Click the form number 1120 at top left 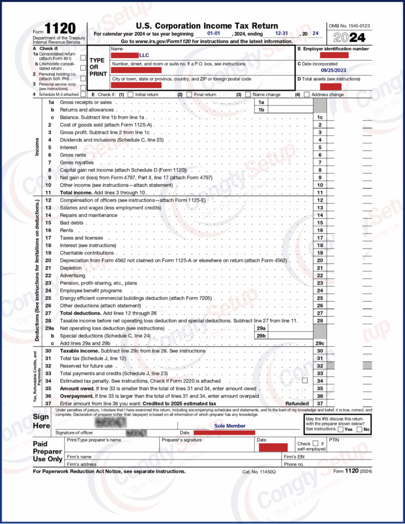[x=60, y=29]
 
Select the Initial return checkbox [x=130, y=95]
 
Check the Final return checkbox [x=189, y=95]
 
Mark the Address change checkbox [x=306, y=95]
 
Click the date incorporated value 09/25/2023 [x=334, y=71]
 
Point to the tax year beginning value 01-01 [x=215, y=33]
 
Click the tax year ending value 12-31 [x=281, y=33]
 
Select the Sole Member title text [x=230, y=426]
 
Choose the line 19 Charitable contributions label [x=87, y=253]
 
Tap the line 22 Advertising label [x=73, y=275]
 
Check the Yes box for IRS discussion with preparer [x=341, y=429]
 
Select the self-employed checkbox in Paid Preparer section [x=315, y=443]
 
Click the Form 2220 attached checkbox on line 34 [x=305, y=381]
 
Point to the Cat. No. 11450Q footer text [x=259, y=471]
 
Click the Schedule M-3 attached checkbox [x=83, y=95]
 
